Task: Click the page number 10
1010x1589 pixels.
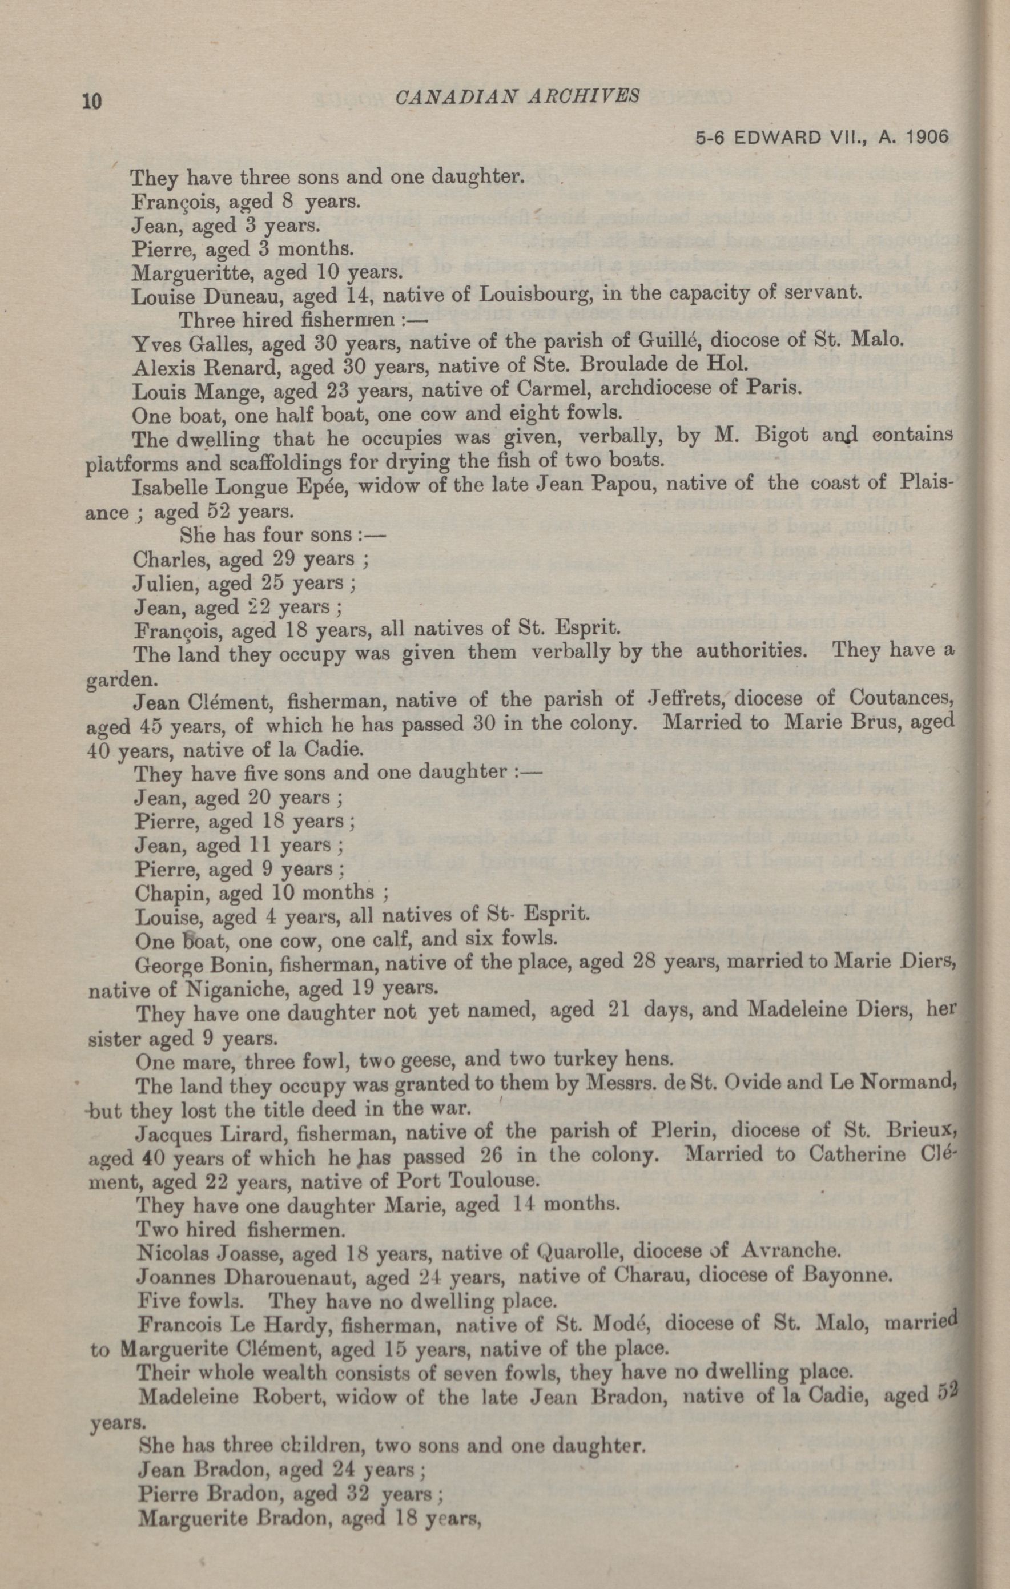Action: coord(92,102)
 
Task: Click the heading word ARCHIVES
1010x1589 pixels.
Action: coord(585,96)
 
